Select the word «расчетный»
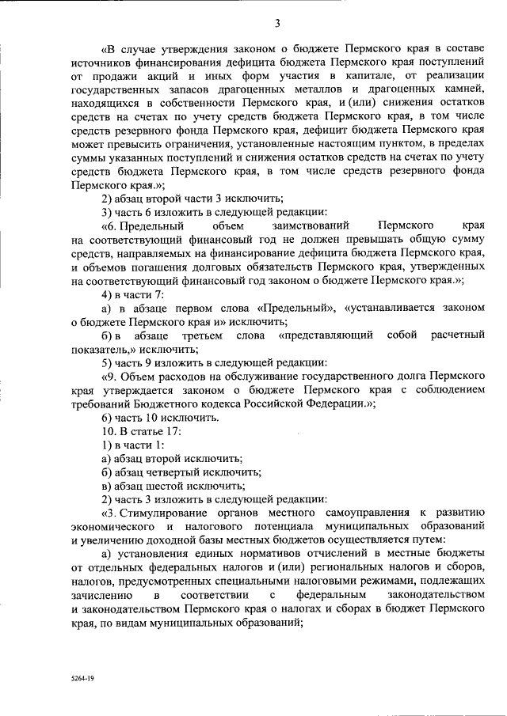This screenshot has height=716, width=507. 457,335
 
